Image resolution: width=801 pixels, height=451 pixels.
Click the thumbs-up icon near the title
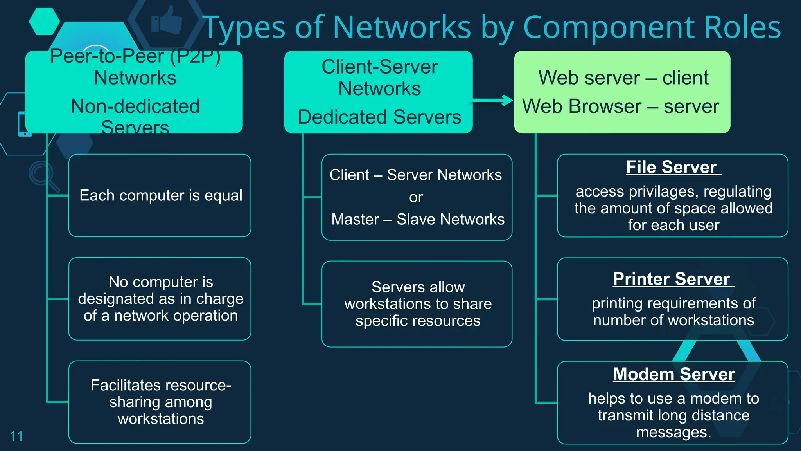pyautogui.click(x=168, y=20)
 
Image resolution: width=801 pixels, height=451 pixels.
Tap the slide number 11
pyautogui.click(x=16, y=436)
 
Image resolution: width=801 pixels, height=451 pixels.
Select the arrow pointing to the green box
pyautogui.click(x=493, y=101)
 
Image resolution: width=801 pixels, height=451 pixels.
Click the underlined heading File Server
pyautogui.click(x=672, y=167)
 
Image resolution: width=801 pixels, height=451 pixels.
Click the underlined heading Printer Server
pyautogui.click(x=672, y=279)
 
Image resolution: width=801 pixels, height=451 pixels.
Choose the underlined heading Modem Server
pyautogui.click(x=673, y=374)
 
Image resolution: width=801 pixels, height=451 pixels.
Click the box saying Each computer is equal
pyautogui.click(x=160, y=195)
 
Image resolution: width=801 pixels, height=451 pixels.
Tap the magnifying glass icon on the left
pyautogui.click(x=43, y=176)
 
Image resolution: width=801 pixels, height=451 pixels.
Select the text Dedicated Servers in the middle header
pyautogui.click(x=379, y=117)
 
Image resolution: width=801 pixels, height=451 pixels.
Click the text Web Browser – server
pyautogui.click(x=621, y=106)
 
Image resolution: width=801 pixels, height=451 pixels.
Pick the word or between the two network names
pyautogui.click(x=416, y=197)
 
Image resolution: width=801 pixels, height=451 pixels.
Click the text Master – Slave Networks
pyautogui.click(x=418, y=219)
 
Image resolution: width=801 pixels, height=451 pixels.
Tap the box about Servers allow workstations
pyautogui.click(x=417, y=304)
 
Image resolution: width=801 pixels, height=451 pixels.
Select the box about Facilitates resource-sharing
pyautogui.click(x=160, y=402)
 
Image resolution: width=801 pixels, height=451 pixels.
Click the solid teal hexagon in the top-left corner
pyautogui.click(x=44, y=21)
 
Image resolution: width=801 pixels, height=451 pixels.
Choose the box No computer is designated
pyautogui.click(x=160, y=299)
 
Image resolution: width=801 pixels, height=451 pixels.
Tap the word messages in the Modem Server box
pyautogui.click(x=673, y=433)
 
